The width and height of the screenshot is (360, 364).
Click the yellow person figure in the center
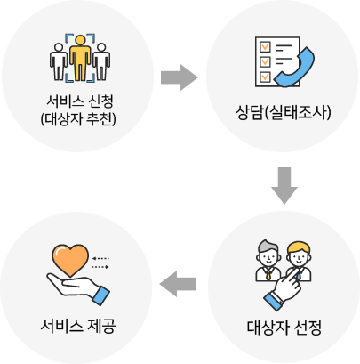tap(80, 58)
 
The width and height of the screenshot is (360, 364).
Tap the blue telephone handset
tap(294, 69)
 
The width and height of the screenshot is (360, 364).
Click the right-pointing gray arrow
tap(180, 77)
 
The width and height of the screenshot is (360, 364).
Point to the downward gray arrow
tap(284, 186)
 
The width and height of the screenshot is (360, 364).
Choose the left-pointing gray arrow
tap(178, 284)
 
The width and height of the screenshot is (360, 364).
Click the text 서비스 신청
tap(80, 101)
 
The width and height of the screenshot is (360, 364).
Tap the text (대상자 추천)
tap(78, 119)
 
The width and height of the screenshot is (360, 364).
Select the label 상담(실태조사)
tap(283, 112)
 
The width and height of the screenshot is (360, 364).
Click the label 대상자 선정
tap(284, 328)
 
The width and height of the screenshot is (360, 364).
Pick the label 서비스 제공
tap(78, 326)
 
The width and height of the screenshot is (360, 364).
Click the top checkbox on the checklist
tap(265, 47)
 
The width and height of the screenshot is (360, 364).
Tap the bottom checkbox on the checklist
tap(265, 77)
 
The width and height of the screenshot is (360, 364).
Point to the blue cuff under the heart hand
tap(101, 295)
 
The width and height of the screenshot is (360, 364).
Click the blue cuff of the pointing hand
tap(273, 302)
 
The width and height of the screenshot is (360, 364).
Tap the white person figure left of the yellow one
tap(59, 61)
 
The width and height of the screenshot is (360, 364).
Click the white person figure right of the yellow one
tap(101, 61)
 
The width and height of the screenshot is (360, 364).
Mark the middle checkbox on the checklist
tap(265, 62)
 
